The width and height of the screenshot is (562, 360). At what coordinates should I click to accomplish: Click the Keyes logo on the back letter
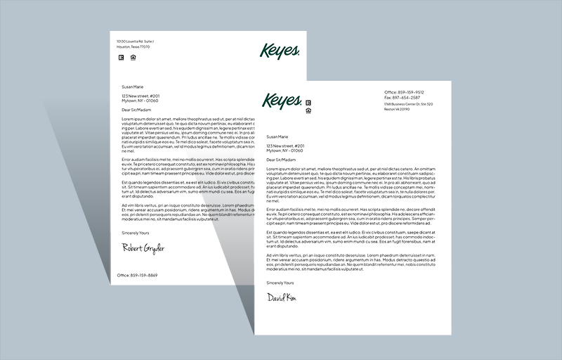point(280,51)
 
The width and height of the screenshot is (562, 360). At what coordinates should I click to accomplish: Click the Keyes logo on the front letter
point(282,101)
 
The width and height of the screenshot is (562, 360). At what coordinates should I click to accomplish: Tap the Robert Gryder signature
point(143,248)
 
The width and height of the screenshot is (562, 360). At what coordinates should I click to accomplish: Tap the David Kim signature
point(281,298)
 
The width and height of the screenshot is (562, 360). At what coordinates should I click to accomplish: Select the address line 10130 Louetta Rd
point(136,41)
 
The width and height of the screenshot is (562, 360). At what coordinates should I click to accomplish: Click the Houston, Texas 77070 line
point(133,46)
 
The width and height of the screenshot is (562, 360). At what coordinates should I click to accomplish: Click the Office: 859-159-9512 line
point(404,92)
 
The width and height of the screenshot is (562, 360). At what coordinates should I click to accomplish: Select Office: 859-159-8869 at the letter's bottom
point(137,275)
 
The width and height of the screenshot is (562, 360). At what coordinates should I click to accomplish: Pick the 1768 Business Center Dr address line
point(408,104)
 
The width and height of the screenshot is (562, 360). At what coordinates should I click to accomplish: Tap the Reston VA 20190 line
point(397,109)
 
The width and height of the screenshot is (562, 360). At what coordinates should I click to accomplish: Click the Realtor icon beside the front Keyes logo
point(308,103)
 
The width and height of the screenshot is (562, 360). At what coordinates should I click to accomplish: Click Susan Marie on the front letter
point(277,136)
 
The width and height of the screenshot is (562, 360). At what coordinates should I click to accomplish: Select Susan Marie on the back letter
point(133,86)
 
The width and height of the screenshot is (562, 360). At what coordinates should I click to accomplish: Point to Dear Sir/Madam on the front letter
point(281,160)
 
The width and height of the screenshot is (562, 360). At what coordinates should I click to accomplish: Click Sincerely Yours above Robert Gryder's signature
point(137,232)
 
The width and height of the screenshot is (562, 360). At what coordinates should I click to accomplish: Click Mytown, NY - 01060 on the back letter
point(140,101)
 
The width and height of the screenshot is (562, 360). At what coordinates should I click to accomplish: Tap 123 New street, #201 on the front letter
point(285,146)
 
